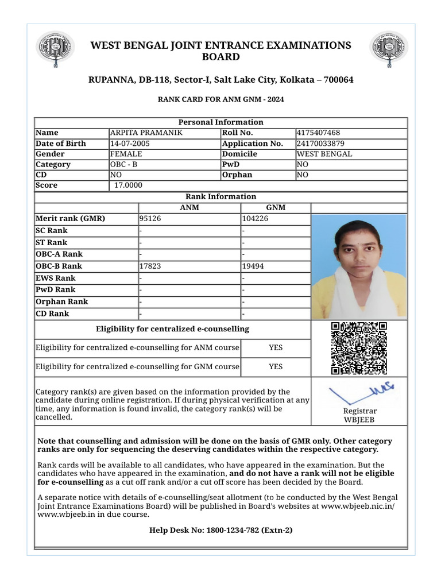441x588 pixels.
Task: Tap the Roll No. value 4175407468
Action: tap(318, 133)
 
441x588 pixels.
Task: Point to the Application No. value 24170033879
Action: tap(320, 144)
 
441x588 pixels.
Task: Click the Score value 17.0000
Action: tap(128, 185)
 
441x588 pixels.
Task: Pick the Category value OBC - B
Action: tap(123, 164)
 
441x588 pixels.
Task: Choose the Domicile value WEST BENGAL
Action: tap(324, 154)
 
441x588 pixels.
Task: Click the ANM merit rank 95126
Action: tap(150, 219)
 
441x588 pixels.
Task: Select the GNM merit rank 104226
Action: tap(255, 219)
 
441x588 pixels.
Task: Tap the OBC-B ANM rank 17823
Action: tap(150, 266)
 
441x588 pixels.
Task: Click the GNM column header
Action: tap(276, 208)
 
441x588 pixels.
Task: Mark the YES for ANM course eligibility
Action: tap(276, 348)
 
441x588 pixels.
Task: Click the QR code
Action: tap(359, 349)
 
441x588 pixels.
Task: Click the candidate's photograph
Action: tap(359, 266)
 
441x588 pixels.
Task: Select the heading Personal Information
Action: tap(220, 122)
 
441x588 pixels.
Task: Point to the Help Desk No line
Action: tap(220, 530)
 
